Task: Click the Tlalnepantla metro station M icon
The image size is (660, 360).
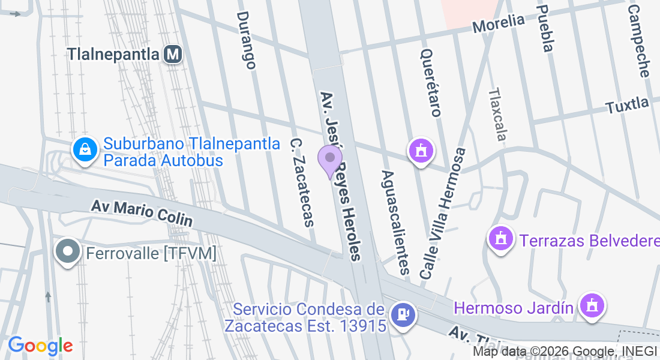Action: [173, 55]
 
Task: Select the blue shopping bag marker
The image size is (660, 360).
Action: [85, 149]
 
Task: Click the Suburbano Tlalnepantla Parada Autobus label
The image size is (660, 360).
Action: [191, 152]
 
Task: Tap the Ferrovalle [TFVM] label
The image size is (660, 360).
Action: [151, 253]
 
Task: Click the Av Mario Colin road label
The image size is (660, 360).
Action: [142, 214]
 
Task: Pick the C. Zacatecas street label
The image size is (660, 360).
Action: [302, 182]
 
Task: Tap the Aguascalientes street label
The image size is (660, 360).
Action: [395, 221]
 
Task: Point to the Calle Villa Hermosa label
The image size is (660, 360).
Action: [443, 213]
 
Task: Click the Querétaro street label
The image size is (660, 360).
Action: [431, 82]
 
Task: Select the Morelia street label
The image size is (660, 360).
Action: [498, 23]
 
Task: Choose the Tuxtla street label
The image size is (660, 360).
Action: [627, 106]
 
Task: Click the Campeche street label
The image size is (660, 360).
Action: [638, 41]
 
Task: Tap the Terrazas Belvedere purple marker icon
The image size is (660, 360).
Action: [502, 239]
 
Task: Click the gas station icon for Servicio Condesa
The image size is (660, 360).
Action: [402, 314]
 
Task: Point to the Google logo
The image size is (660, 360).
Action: [40, 346]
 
